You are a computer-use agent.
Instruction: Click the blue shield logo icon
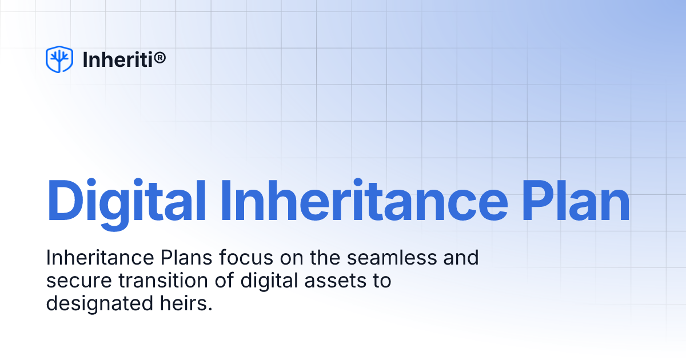point(59,59)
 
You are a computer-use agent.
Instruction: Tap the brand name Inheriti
point(117,59)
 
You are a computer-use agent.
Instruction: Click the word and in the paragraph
point(462,258)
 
